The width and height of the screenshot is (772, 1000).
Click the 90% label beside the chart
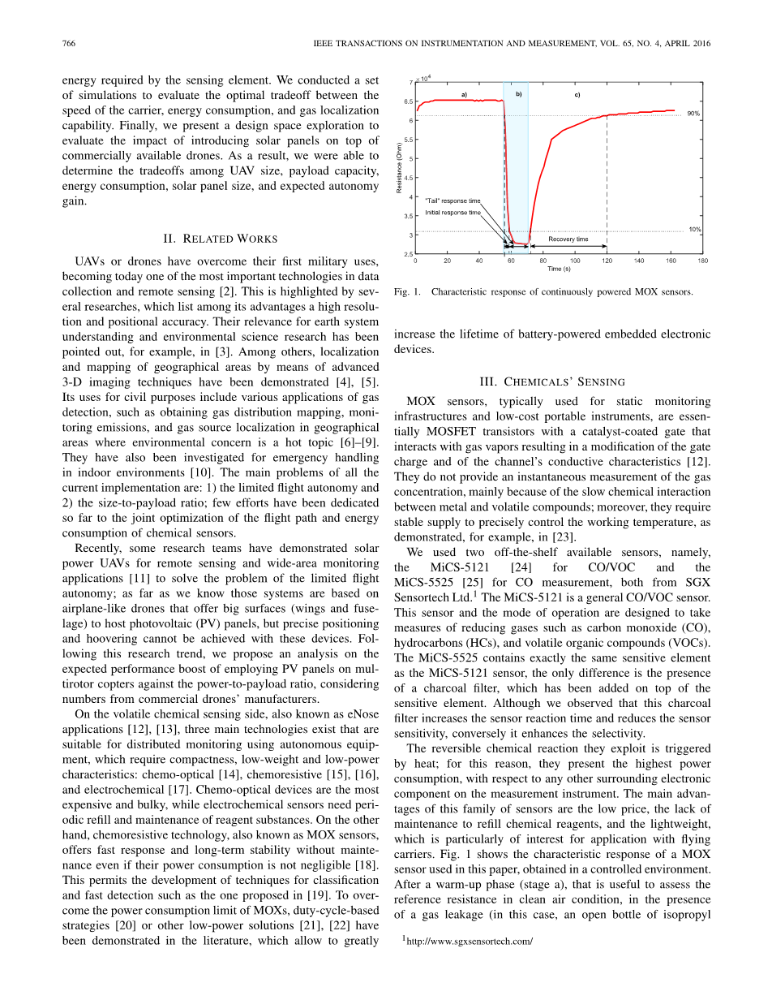click(x=693, y=114)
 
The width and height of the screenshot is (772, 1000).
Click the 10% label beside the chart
click(x=694, y=230)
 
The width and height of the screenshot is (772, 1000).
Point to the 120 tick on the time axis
click(x=607, y=261)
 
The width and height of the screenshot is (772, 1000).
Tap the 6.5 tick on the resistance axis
click(x=407, y=101)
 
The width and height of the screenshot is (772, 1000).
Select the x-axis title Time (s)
click(x=559, y=269)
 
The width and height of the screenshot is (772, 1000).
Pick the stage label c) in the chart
click(x=577, y=95)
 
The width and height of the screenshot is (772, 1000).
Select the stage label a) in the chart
click(x=464, y=95)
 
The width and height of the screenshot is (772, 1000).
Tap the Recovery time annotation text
click(x=568, y=239)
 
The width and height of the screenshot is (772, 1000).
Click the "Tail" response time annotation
click(x=452, y=200)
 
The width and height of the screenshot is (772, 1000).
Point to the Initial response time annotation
click(x=452, y=213)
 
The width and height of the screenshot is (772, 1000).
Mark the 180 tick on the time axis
click(x=702, y=261)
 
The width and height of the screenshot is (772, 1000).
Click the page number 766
click(x=69, y=44)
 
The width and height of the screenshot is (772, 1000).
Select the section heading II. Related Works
click(x=221, y=239)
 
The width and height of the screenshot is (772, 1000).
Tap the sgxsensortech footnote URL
click(x=470, y=942)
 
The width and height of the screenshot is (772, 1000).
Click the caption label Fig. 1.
click(x=407, y=292)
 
